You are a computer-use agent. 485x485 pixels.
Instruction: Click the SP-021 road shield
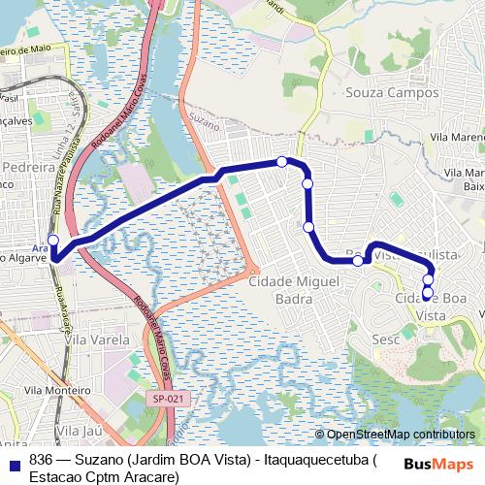[165, 398]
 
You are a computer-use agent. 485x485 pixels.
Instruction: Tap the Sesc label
[386, 339]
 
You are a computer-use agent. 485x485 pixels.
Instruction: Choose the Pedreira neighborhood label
[28, 168]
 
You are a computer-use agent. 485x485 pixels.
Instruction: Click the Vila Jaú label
[80, 429]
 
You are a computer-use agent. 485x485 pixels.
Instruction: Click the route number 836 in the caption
[41, 460]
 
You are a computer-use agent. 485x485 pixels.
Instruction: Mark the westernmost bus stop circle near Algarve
[53, 241]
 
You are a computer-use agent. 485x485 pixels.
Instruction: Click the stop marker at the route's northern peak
[281, 161]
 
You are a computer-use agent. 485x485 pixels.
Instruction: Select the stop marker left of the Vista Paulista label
[358, 260]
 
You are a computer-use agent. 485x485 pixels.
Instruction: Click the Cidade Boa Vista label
[432, 307]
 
